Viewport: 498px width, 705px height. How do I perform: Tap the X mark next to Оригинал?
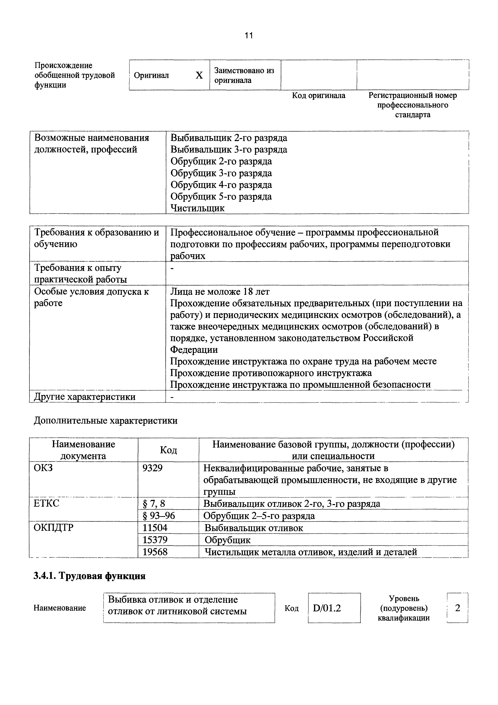[199, 75]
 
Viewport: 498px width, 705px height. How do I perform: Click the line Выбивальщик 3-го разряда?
[229, 150]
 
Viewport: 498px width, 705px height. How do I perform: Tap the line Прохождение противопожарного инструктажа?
[271, 373]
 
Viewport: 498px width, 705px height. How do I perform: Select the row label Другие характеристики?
[85, 397]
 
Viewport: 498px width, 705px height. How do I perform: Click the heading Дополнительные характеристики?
[106, 420]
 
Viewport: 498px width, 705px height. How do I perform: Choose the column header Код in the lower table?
[168, 450]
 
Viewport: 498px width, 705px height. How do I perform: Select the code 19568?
[155, 552]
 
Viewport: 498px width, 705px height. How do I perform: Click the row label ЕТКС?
[47, 504]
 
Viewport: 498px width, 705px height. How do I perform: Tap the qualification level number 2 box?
[457, 608]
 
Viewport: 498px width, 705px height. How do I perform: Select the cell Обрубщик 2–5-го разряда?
[259, 515]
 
